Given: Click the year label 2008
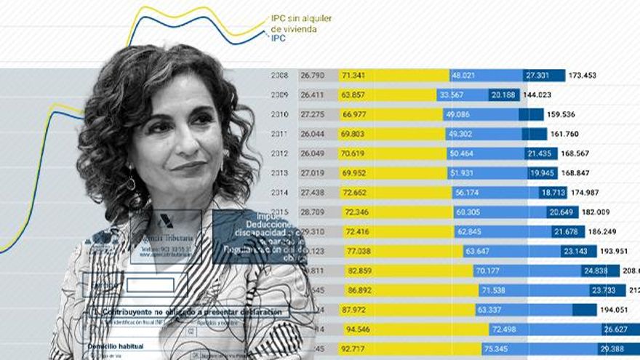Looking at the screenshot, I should tap(279, 75).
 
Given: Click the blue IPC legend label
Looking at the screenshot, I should tap(278, 38).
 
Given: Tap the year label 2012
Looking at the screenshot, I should tap(279, 153).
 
